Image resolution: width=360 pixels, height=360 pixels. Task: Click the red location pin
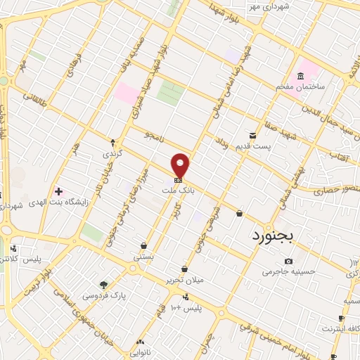[181, 165]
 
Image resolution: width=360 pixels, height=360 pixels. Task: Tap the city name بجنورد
[276, 238]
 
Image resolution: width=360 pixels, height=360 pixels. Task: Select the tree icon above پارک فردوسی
[105, 285]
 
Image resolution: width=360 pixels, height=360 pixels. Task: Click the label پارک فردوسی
[105, 296]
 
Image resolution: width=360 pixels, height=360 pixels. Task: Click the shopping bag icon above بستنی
[143, 246]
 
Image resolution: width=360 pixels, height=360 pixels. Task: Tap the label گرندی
[112, 153]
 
